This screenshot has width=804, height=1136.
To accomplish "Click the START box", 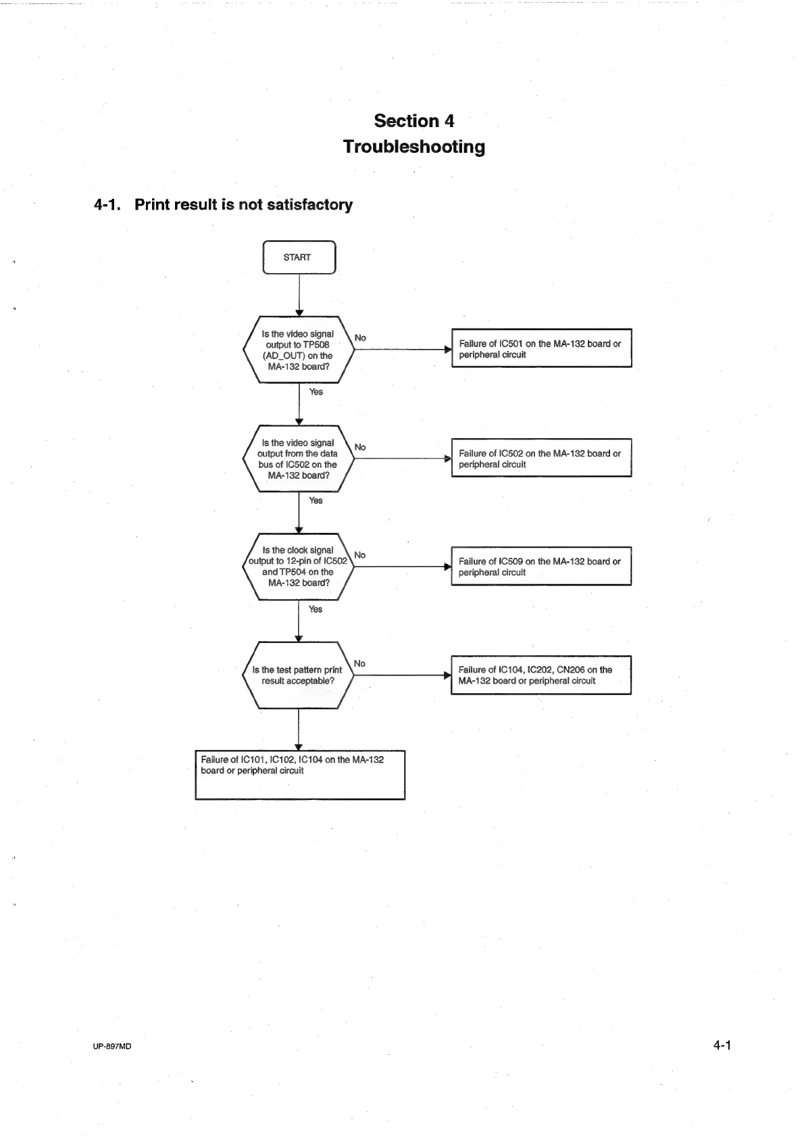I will click(299, 258).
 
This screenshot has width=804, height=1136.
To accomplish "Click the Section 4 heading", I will click(413, 121).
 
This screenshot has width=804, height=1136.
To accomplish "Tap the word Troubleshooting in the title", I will click(413, 147).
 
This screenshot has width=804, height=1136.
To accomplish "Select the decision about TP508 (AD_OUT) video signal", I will click(298, 350).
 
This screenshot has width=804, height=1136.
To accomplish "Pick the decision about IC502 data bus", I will click(298, 459).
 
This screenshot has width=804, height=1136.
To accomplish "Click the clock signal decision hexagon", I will click(298, 567).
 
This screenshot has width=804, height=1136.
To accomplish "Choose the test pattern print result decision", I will click(298, 675).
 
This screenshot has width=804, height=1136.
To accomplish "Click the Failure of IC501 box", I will click(541, 349).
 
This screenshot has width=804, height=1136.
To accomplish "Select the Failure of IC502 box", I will click(541, 458).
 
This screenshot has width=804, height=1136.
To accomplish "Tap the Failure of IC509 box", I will click(541, 567).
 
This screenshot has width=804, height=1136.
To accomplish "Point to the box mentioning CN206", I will click(541, 675).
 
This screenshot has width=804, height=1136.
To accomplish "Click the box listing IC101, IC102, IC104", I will click(300, 775).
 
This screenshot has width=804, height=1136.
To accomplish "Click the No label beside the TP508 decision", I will click(360, 338).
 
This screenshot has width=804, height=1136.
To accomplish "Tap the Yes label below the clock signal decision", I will click(316, 609).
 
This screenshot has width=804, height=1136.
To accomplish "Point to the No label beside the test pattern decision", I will click(359, 664).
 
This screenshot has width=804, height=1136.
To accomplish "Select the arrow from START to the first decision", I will click(299, 295).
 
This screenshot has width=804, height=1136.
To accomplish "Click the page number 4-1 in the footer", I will click(722, 1045).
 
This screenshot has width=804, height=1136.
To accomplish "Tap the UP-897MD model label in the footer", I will click(112, 1046).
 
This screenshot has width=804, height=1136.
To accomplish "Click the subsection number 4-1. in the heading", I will click(107, 205).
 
